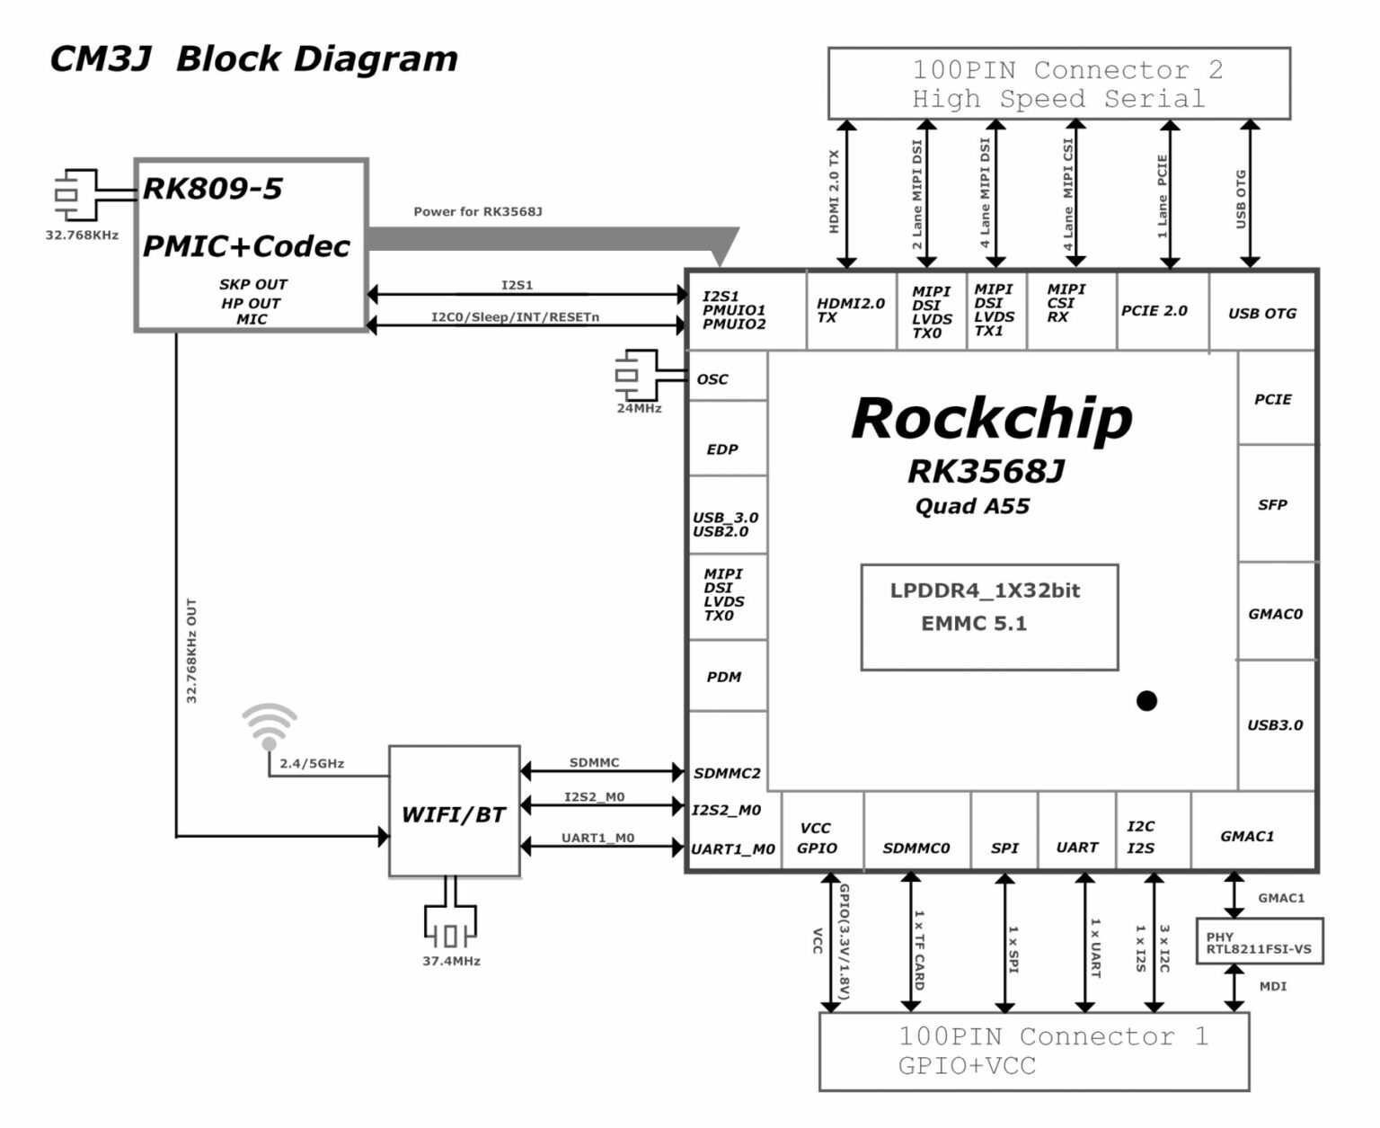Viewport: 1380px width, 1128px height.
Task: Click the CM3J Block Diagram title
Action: tap(253, 59)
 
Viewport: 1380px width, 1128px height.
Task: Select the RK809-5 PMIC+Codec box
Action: tap(251, 245)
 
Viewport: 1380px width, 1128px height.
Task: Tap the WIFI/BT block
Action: tap(454, 813)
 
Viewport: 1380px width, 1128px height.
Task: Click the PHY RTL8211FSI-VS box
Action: tap(1259, 942)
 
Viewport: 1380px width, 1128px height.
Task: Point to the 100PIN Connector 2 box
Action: tap(1058, 84)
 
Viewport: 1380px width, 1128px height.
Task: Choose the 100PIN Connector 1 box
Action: tap(1033, 1051)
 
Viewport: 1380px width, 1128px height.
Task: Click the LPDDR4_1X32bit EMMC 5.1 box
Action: tap(988, 617)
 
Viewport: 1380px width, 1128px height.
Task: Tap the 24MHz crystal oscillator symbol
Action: tap(627, 375)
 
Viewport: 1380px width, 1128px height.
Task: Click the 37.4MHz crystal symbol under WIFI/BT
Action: tap(451, 935)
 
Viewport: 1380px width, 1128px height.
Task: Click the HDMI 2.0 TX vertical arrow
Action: tap(846, 194)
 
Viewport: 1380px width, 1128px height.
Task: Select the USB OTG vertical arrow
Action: tap(1250, 194)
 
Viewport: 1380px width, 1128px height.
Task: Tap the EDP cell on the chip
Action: tap(724, 448)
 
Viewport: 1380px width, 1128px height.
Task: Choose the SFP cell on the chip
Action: tap(1273, 504)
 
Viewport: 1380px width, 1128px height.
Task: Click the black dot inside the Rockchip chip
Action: tap(1146, 700)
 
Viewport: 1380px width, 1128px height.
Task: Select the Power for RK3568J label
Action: tap(477, 212)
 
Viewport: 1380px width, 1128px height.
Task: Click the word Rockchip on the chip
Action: tap(991, 419)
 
